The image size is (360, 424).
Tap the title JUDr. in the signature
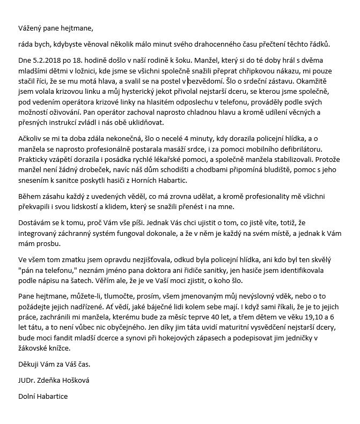coord(28,381)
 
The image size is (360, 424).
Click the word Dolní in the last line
coord(28,397)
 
